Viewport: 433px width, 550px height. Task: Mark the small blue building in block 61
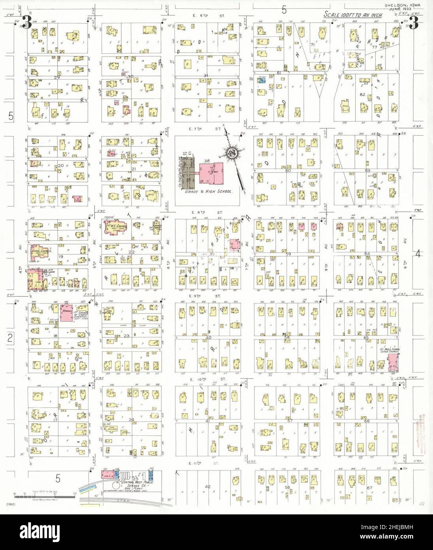(262, 80)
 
